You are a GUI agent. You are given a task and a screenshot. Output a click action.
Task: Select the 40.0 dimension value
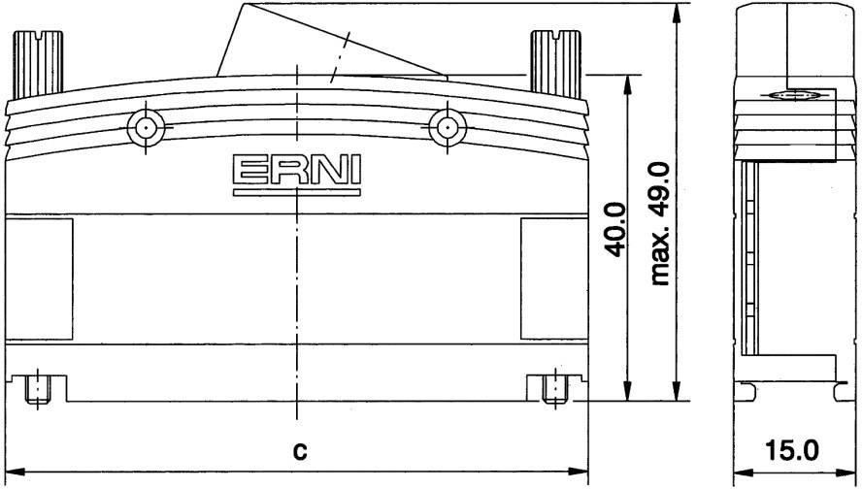615,229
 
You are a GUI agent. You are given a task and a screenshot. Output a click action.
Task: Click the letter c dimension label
301,451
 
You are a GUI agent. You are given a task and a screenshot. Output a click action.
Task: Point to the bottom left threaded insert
36,389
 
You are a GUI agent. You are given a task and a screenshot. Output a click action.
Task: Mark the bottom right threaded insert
553,389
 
